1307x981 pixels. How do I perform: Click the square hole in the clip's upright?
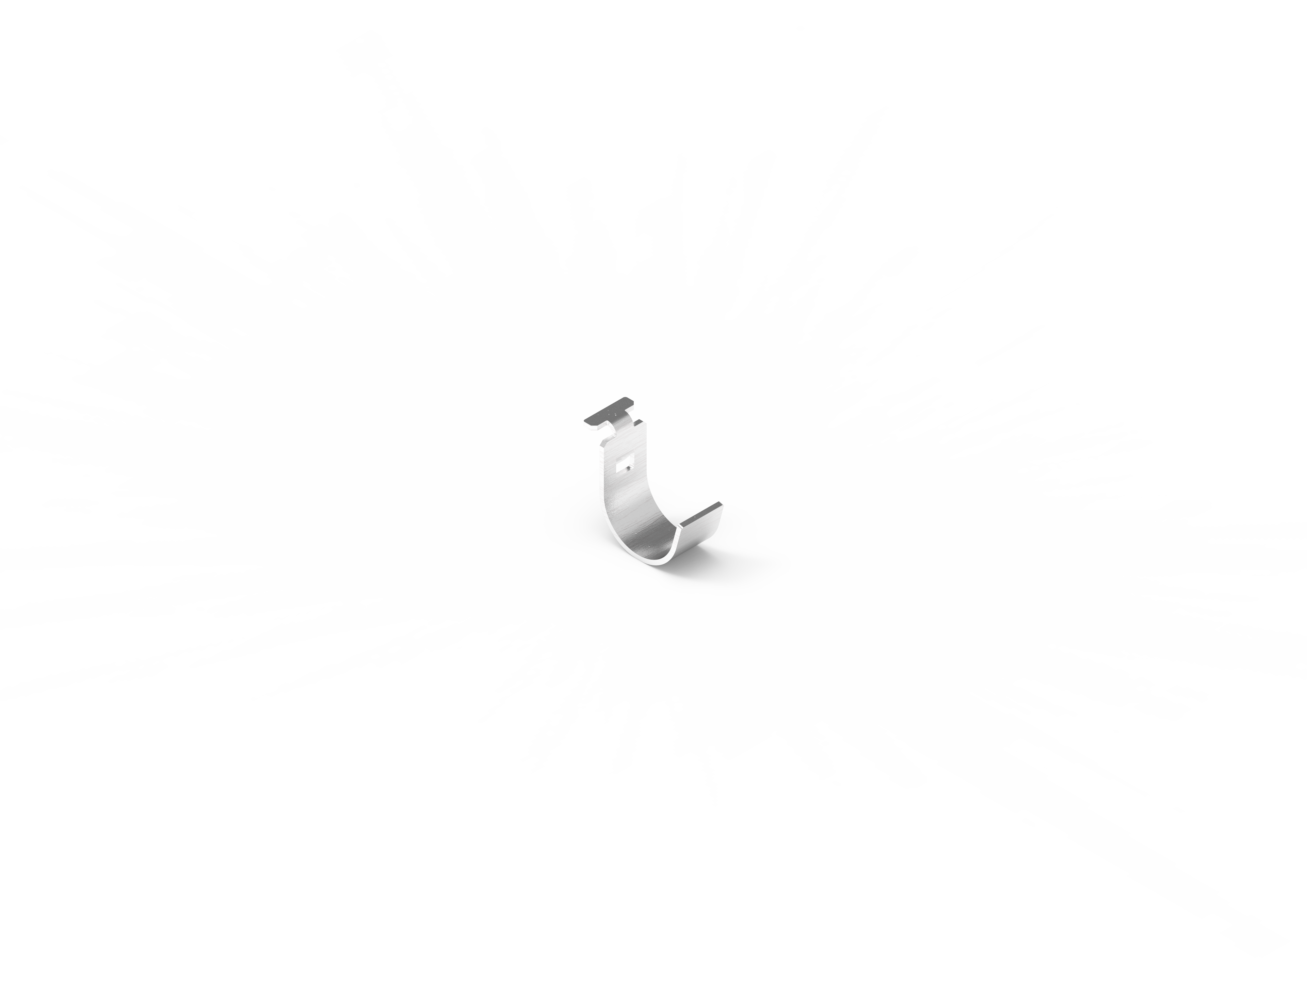[626, 464]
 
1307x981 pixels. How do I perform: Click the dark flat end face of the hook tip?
[701, 514]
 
